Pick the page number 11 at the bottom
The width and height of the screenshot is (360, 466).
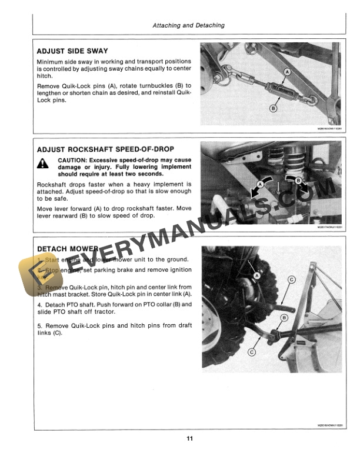pos(188,438)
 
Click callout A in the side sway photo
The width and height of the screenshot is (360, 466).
pos(286,72)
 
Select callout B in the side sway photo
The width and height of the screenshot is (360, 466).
pos(273,108)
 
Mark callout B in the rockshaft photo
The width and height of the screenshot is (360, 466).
pos(298,181)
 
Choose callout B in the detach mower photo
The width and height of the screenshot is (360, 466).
pos(285,318)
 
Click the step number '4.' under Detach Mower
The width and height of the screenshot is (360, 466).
pos(39,305)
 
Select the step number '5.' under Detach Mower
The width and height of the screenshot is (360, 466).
pos(39,325)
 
